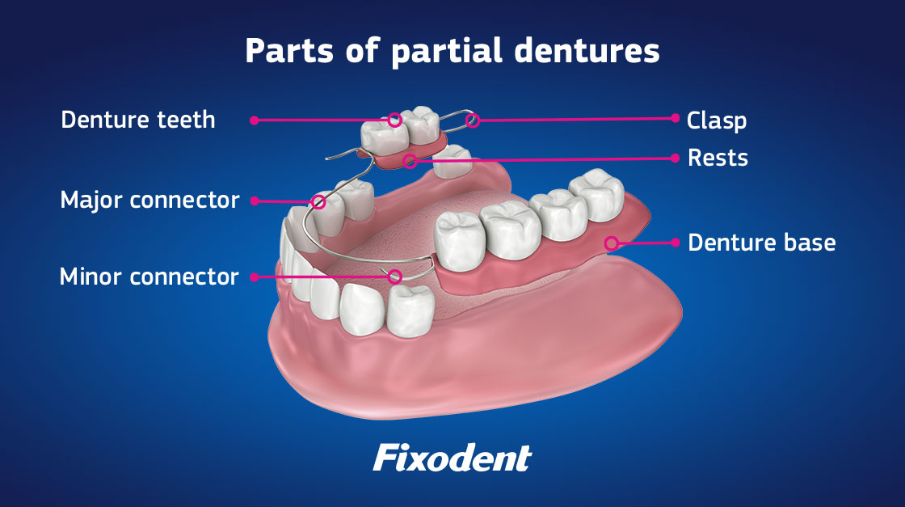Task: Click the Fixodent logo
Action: click(452, 458)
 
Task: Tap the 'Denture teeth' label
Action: click(138, 120)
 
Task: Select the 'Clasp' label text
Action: click(716, 120)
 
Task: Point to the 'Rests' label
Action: click(718, 158)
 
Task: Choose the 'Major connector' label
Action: click(149, 200)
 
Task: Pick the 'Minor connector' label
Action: click(149, 277)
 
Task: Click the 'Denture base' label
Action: click(761, 242)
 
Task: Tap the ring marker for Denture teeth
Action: click(395, 120)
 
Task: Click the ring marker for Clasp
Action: click(474, 120)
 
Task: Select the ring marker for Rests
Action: click(410, 161)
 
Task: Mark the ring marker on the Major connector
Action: click(318, 201)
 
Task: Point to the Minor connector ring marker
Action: click(395, 277)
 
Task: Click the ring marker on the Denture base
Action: click(612, 243)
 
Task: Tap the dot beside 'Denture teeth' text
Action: click(254, 120)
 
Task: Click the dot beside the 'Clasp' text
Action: click(676, 117)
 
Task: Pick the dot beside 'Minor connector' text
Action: click(254, 277)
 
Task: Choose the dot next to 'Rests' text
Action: click(676, 158)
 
